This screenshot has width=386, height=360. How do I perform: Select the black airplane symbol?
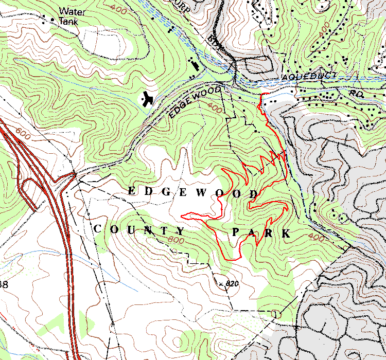click(x=148, y=98)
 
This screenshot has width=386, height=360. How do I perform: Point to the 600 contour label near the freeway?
click(x=23, y=135)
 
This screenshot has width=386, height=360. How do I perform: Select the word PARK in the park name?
click(x=261, y=233)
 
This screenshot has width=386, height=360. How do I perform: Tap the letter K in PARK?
click(x=286, y=234)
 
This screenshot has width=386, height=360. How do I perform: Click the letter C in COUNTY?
click(x=97, y=228)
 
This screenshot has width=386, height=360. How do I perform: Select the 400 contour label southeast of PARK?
click(x=317, y=237)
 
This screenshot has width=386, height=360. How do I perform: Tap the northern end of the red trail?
click(x=263, y=95)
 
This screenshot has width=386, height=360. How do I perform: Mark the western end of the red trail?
click(x=182, y=214)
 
